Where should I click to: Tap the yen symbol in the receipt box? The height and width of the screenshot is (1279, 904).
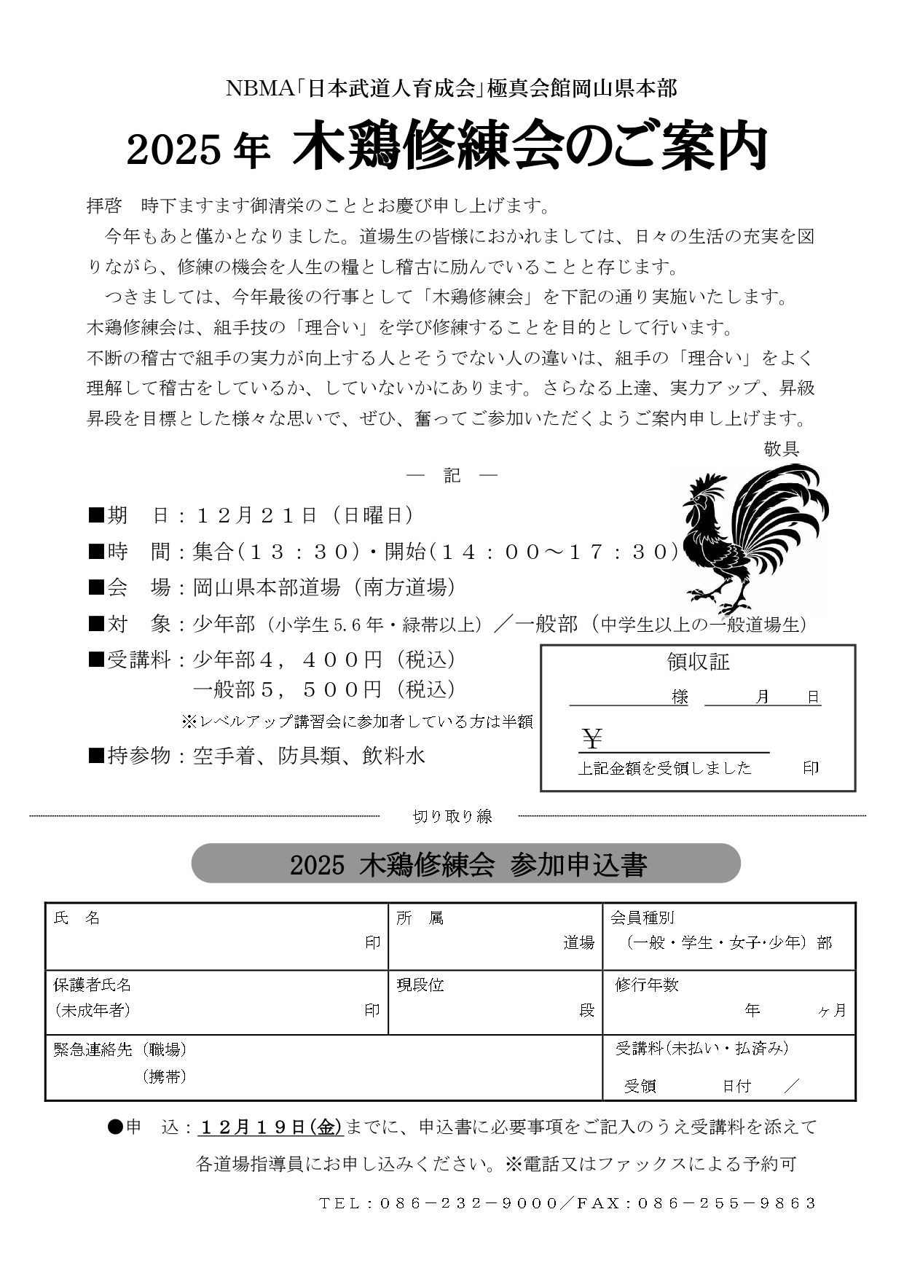click(x=592, y=740)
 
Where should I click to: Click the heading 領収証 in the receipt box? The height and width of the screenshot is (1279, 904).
click(x=698, y=662)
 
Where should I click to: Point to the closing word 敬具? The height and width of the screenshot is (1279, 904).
click(x=781, y=449)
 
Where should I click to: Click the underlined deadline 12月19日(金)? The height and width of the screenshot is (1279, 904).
click(x=270, y=1127)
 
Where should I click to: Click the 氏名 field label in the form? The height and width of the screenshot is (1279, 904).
click(x=76, y=918)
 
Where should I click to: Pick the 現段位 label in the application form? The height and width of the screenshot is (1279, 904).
click(x=420, y=985)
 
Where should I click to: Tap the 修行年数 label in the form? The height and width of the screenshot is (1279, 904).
click(x=647, y=985)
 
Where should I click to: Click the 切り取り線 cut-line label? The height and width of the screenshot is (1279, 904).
click(x=452, y=816)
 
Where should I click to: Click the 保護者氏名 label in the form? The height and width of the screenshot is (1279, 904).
click(x=93, y=985)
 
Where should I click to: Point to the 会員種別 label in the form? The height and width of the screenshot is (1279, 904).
click(x=642, y=918)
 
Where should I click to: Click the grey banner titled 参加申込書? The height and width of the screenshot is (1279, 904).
click(x=466, y=864)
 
